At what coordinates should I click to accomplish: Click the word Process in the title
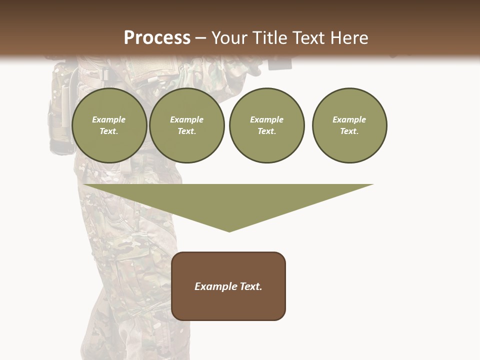click(157, 38)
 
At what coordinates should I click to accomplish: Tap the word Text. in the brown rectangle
click(249, 286)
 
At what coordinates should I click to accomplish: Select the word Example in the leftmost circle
click(109, 119)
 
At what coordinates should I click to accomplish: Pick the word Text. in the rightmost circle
click(349, 131)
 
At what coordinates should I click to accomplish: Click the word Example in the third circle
click(266, 119)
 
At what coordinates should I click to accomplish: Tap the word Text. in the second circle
click(186, 131)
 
